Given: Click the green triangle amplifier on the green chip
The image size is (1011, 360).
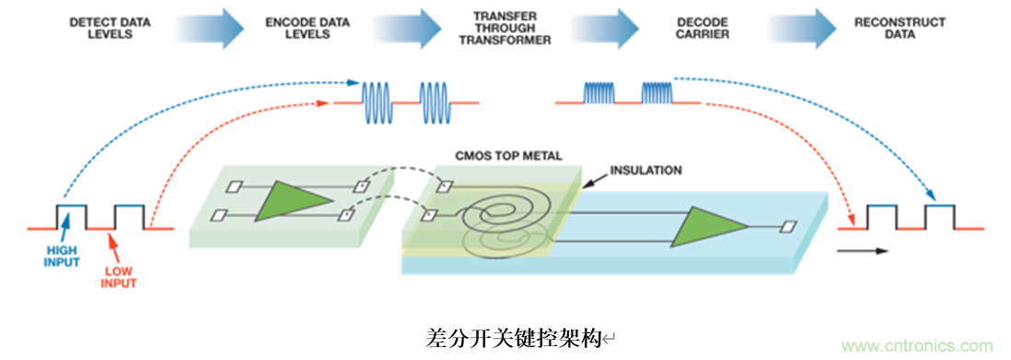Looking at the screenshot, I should [293, 200].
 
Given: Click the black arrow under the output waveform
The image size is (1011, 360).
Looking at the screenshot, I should [864, 250].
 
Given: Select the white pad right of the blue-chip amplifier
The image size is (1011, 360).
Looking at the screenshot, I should [789, 226].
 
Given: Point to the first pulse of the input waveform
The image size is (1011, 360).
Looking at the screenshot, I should [71, 215].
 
